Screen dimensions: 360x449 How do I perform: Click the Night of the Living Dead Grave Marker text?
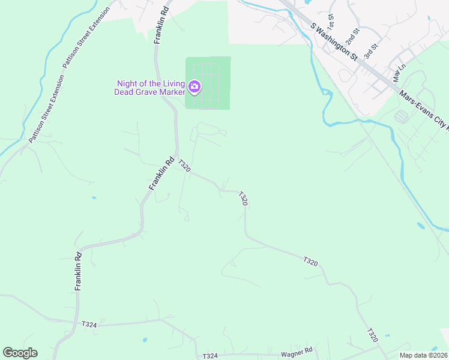pos(150,88)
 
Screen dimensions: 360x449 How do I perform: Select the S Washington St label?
pos(334,41)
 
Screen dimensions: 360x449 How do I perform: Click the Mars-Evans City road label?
pos(424,110)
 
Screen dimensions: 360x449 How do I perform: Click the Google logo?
pos(20,353)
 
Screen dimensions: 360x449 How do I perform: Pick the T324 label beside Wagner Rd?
pos(210,356)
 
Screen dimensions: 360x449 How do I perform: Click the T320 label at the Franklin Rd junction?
pos(184,166)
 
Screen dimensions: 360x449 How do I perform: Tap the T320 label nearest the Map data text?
pos(373,335)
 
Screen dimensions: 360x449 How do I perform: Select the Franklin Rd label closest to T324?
pos(78,272)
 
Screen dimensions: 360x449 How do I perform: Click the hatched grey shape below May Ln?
pos(401,116)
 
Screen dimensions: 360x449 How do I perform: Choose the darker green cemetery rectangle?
pos(208,83)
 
